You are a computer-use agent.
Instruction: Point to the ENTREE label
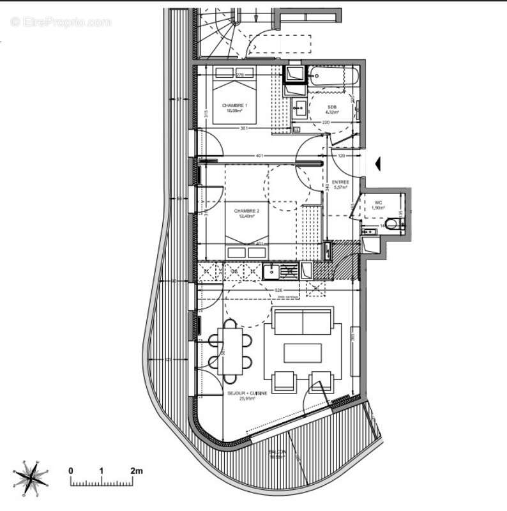[340, 182]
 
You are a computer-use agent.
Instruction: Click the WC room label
[378, 203]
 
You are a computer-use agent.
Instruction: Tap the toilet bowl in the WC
[395, 224]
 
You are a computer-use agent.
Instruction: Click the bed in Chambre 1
[234, 96]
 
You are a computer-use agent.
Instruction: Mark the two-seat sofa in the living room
[302, 321]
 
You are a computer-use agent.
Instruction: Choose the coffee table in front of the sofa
[303, 353]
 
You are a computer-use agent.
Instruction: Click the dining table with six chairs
[229, 351]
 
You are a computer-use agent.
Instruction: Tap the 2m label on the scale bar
[136, 471]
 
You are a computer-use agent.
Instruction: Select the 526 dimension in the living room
[278, 291]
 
